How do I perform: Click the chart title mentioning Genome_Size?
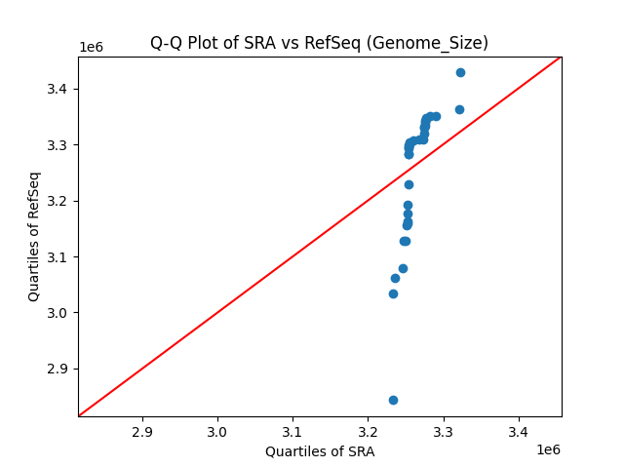319,43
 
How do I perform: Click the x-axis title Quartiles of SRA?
319,451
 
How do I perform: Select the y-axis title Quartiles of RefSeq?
34,236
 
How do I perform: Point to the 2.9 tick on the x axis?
142,431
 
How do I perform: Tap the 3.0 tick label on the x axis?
217,431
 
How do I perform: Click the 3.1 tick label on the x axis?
292,431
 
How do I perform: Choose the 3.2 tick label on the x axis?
368,431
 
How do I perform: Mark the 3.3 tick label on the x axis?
444,431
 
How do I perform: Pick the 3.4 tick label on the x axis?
519,431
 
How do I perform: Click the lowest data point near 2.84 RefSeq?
393,400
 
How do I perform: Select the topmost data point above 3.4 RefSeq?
460,72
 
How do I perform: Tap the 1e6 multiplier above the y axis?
91,47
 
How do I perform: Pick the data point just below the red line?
409,184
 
